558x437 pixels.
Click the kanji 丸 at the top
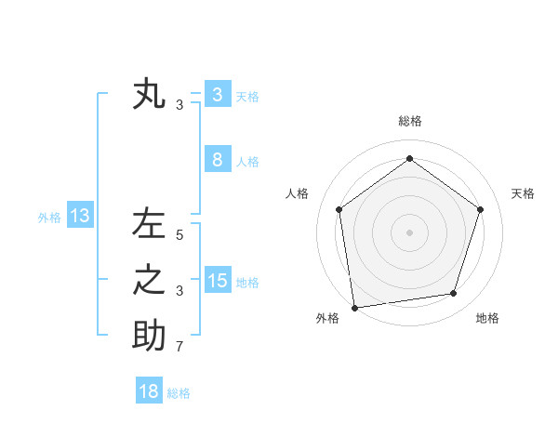pos(149,95)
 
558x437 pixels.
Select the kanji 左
pos(149,225)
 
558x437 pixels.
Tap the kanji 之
pos(149,280)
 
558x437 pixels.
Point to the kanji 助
pos(149,335)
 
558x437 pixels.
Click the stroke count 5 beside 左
pos(179,236)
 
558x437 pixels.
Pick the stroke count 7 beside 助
pos(179,348)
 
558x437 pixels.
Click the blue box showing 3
pos(217,94)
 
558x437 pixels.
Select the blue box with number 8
pos(217,159)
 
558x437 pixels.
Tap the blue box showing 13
pos(80,217)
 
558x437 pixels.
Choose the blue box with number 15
pos(217,280)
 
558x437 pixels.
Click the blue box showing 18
pos(148,391)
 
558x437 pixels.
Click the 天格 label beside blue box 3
pos(247,97)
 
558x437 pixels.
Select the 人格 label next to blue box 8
pos(247,162)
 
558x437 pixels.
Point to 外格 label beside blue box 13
pos(49,218)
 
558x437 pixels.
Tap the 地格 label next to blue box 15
pos(247,283)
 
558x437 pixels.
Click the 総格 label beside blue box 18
pos(179,393)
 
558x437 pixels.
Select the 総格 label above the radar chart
pos(409,121)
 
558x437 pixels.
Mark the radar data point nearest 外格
pos(354,307)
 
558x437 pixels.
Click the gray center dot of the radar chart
pos(409,232)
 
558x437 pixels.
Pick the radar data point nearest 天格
pos(480,209)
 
